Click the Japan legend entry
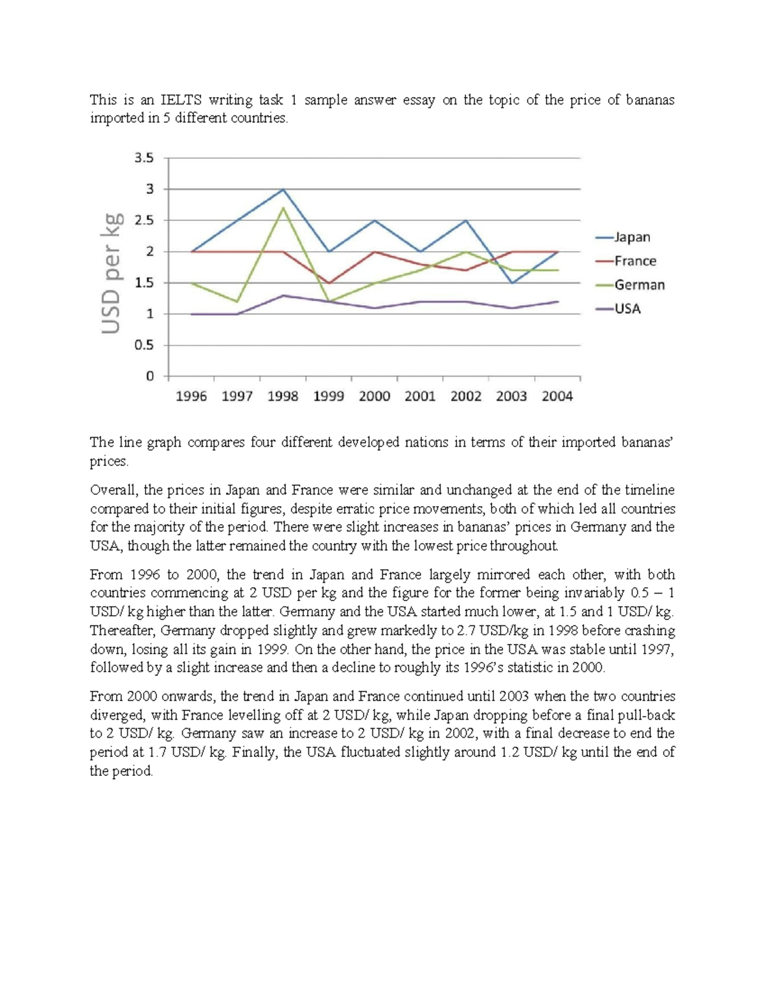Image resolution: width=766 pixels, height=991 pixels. point(631,237)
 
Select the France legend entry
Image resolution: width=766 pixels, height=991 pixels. point(635,261)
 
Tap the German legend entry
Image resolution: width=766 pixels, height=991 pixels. point(639,285)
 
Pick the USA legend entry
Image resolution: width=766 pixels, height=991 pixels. point(627,309)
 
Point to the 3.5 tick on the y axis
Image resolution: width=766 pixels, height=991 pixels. point(144,158)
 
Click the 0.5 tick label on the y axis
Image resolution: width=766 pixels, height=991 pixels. point(144,345)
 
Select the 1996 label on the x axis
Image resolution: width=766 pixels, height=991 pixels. point(191,396)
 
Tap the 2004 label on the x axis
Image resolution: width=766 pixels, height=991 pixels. point(557,396)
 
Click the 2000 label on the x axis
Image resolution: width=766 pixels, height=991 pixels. point(374,396)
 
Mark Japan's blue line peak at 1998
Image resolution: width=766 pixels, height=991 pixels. point(283,190)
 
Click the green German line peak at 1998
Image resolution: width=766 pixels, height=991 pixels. point(283,208)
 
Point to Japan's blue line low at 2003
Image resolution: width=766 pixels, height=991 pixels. point(512,283)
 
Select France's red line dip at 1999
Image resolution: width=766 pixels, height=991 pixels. point(329,283)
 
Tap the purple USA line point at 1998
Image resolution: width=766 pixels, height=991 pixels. point(283,295)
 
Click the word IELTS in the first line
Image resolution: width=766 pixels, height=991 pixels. point(181,100)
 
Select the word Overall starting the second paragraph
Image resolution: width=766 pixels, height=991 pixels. point(114,490)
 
